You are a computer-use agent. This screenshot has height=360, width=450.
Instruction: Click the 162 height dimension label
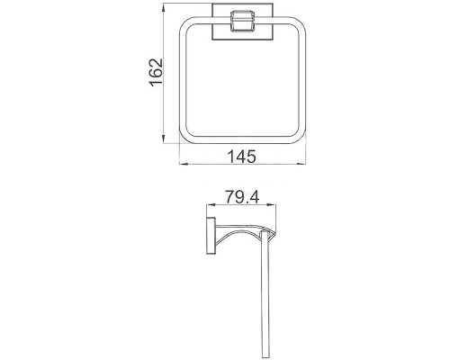[156, 73]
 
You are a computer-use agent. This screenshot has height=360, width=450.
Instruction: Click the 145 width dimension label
[242, 157]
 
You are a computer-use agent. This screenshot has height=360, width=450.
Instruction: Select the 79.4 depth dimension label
[242, 197]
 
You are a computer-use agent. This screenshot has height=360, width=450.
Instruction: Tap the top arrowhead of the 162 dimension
[163, 7]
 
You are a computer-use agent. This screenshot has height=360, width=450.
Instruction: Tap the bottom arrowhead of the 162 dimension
[163, 139]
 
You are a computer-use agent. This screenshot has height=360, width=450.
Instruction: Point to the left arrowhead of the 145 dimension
[184, 164]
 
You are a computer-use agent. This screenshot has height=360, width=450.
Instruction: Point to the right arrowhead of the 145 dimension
[301, 164]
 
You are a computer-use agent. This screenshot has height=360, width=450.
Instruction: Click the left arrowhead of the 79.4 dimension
[211, 205]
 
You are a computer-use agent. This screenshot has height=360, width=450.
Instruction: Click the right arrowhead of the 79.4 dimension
[272, 205]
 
